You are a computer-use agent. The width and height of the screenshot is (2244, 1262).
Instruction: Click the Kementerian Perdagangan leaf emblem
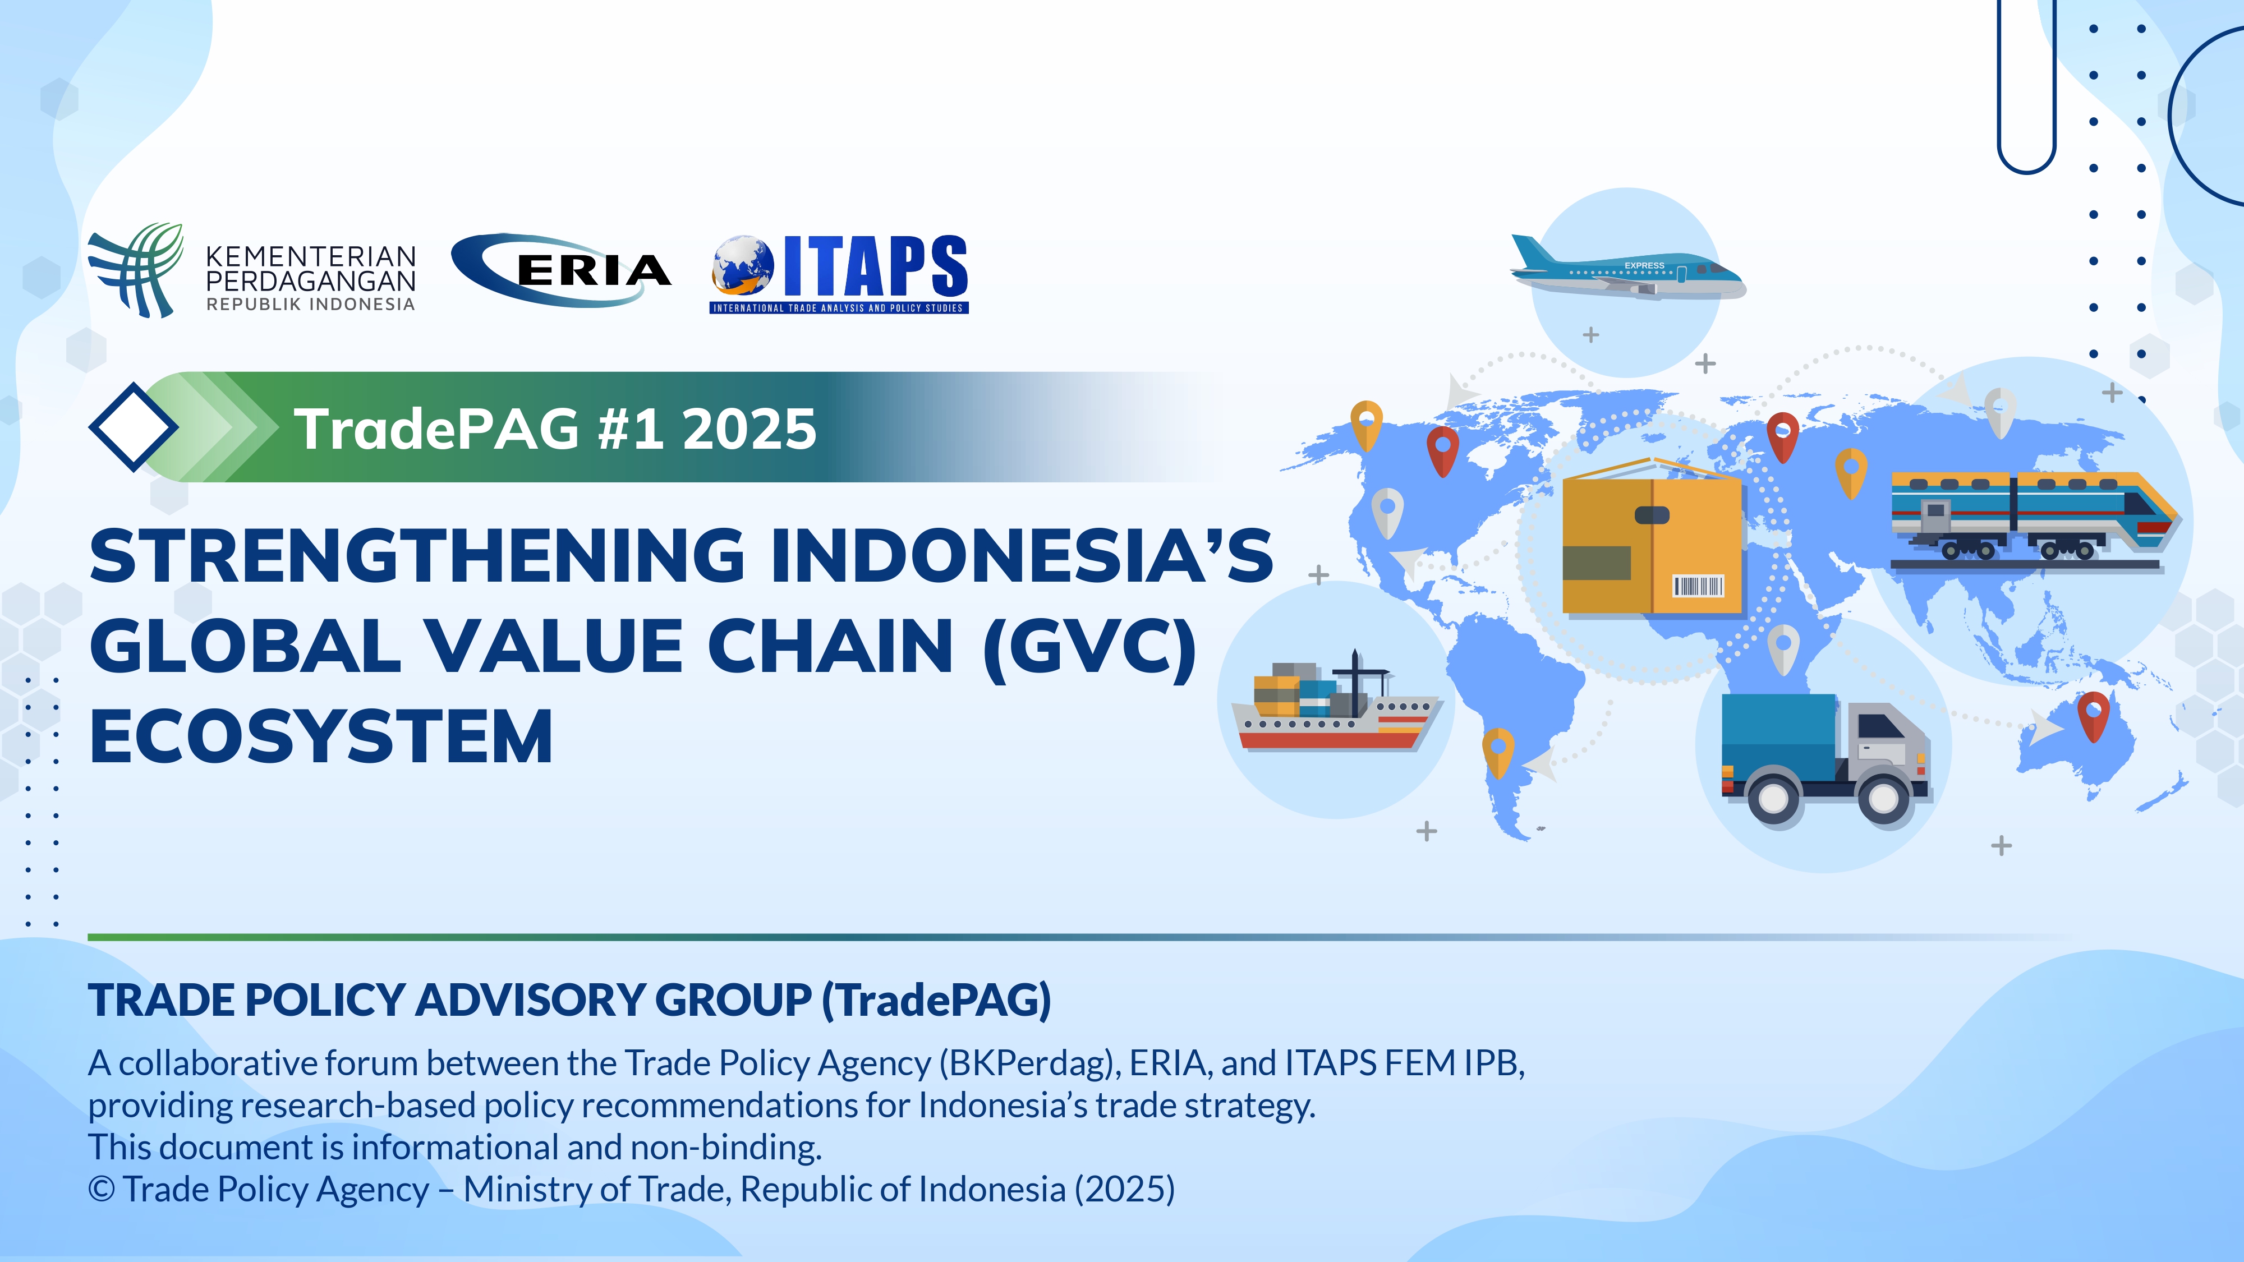point(136,270)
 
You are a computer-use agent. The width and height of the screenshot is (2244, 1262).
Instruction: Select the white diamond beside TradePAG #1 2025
point(134,427)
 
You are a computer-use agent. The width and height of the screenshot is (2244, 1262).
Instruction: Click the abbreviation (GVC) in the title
point(1090,647)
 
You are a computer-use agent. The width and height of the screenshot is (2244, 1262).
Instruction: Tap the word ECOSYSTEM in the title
point(321,737)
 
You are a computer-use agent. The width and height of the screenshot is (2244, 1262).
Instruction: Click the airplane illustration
point(1627,270)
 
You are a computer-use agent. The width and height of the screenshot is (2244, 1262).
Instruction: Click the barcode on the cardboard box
point(1698,586)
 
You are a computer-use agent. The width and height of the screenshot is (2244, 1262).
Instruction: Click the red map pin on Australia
point(2093,715)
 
